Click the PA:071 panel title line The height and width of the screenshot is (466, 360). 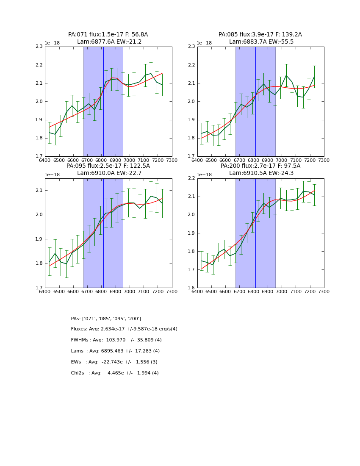click(x=108, y=35)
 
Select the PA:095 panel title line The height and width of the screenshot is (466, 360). click(x=108, y=166)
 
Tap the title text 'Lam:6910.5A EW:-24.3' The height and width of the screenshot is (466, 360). click(x=260, y=173)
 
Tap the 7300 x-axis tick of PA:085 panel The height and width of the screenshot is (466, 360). click(x=324, y=160)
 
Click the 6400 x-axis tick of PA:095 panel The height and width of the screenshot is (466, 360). click(x=45, y=291)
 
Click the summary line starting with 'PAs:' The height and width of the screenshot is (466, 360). click(x=106, y=319)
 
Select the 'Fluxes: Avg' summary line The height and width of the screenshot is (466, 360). click(x=124, y=329)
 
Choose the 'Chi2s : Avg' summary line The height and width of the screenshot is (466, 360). click(x=115, y=373)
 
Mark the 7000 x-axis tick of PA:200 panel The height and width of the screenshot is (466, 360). click(x=282, y=291)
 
